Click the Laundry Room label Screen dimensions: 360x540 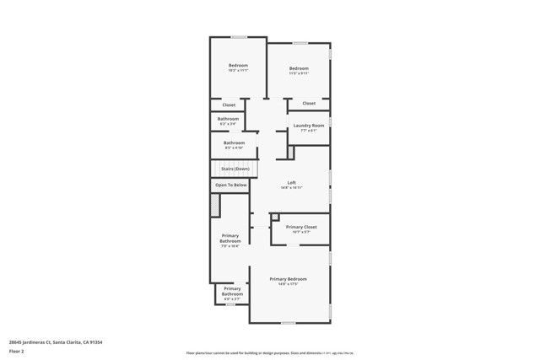click(308, 126)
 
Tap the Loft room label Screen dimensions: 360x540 click(291, 183)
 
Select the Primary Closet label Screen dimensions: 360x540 click(300, 227)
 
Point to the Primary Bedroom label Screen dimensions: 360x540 click(289, 279)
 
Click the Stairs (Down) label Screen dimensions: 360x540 click(235, 169)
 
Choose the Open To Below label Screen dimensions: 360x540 click(231, 185)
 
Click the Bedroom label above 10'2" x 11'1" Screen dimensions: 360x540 click(238, 66)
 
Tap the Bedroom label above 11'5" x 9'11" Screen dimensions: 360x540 click(299, 68)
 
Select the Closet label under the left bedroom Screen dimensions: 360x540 click(229, 105)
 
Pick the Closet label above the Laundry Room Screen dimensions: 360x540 click(309, 104)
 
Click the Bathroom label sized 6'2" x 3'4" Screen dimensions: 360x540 click(228, 119)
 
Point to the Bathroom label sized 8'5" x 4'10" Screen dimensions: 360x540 click(234, 142)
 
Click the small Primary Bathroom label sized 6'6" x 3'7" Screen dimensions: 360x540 click(232, 291)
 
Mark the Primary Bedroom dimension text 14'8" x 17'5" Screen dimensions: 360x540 click(289, 284)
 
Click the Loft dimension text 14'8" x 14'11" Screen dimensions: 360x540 click(291, 188)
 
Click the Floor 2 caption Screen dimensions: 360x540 click(17, 351)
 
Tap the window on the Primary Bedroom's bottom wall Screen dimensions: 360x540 click(289, 323)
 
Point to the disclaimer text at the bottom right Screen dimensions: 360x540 click(269, 353)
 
